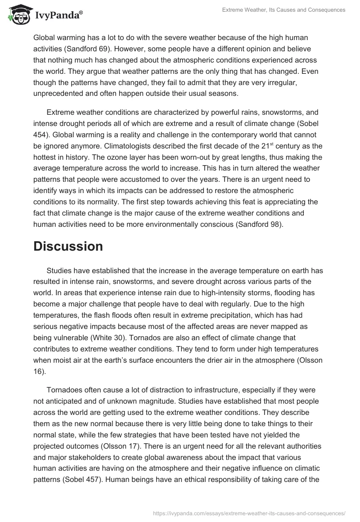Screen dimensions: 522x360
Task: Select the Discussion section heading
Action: (x=68, y=247)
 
